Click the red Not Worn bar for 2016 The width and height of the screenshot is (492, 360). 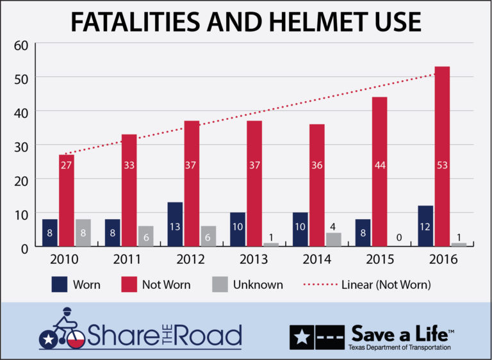pyautogui.click(x=442, y=156)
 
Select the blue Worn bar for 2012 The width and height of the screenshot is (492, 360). pyautogui.click(x=175, y=224)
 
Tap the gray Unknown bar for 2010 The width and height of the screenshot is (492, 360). pyautogui.click(x=83, y=233)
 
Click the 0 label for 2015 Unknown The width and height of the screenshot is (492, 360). pyautogui.click(x=398, y=237)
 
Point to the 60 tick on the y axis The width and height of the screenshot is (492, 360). pyautogui.click(x=22, y=44)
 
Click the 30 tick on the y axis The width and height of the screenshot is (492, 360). pyautogui.click(x=22, y=145)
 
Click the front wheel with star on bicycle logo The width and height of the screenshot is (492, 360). pyautogui.click(x=49, y=340)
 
